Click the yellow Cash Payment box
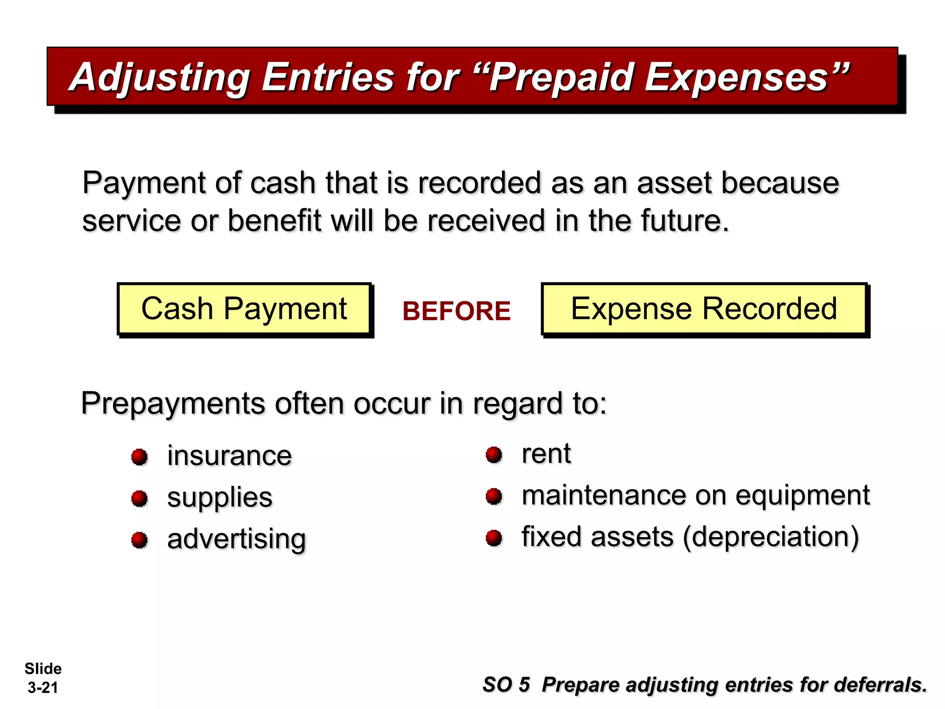244,308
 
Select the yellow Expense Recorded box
704,308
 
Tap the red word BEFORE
456,311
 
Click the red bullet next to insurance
139,457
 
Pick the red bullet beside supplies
139,499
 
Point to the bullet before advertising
139,540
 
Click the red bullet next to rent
494,455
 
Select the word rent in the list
546,453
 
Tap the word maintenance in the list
604,495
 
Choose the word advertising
236,539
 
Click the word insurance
229,456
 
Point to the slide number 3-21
43,688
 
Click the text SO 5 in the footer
506,685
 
